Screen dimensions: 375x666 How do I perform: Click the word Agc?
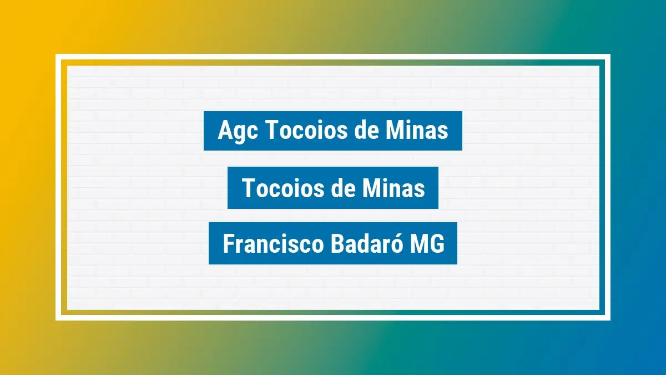coord(239,131)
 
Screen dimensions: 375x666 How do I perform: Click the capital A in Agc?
coord(225,131)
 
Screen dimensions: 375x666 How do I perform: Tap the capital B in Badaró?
coord(337,244)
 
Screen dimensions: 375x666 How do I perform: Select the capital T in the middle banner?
coord(248,188)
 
